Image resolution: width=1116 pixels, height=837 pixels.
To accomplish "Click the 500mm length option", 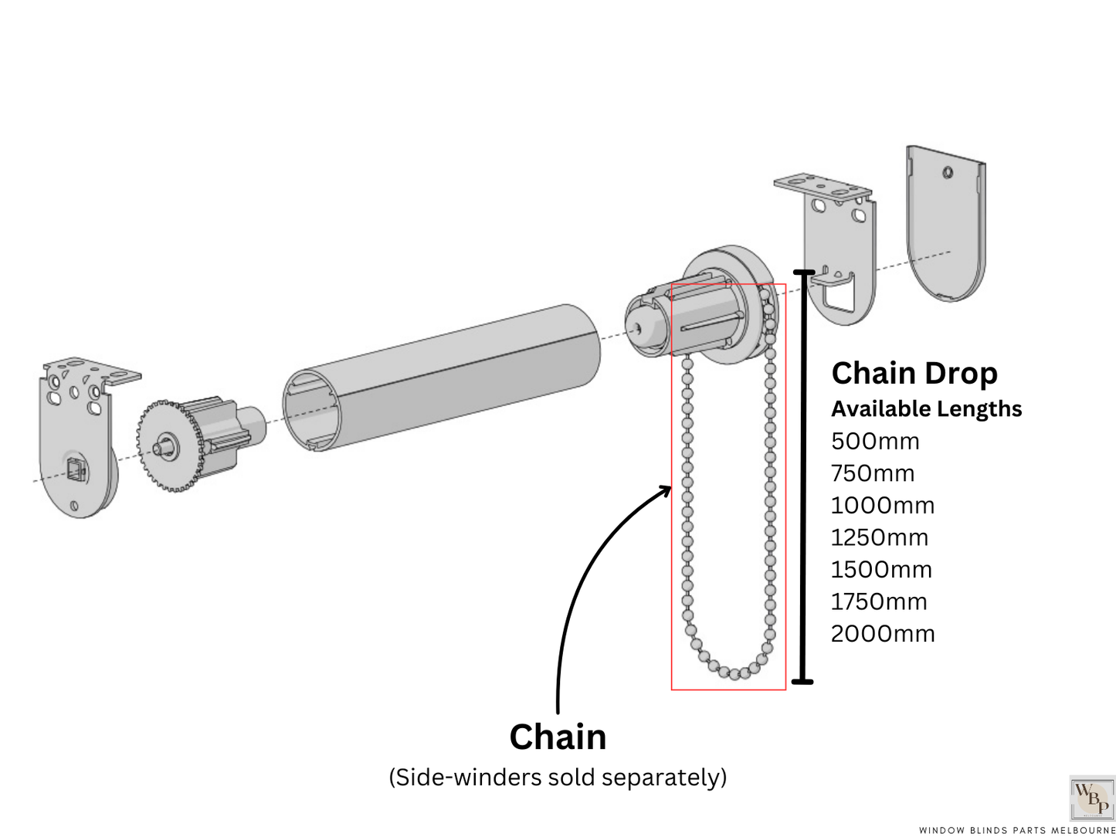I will tap(875, 442).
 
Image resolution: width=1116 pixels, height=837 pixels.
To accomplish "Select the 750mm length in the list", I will tap(872, 473).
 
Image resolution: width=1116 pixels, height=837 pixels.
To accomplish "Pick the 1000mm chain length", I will tap(882, 506).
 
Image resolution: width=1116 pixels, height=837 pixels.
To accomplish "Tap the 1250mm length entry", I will tap(879, 537).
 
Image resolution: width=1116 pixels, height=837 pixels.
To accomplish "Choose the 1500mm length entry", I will tap(880, 570).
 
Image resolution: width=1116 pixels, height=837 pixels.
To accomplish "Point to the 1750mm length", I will tap(878, 601).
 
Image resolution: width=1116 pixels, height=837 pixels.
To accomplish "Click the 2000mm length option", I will tap(882, 634).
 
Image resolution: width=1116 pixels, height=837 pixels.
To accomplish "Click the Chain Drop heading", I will tap(914, 374).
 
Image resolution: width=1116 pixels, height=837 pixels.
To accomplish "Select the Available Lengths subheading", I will tap(926, 409).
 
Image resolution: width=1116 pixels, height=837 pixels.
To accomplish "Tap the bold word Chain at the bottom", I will tap(558, 737).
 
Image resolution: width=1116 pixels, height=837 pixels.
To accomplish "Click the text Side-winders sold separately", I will tap(558, 777).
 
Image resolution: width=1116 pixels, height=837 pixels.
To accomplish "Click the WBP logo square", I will tap(1091, 798).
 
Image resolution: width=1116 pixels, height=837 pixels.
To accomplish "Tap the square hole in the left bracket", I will tap(75, 468).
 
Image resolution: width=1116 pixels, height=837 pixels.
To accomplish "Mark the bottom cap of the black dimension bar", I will tap(803, 681).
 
